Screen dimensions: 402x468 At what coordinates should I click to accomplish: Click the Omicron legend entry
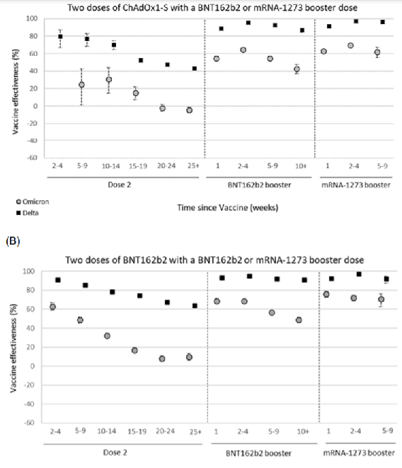pos(33,201)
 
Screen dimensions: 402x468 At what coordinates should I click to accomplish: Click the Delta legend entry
pos(28,213)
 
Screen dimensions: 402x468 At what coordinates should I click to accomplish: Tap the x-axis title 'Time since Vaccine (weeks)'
pos(228,207)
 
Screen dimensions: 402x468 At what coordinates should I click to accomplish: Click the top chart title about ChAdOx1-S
pos(212,8)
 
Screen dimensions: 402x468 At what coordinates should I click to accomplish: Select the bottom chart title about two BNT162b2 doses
pos(214,260)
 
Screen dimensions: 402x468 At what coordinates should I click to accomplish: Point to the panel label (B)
pos(13,241)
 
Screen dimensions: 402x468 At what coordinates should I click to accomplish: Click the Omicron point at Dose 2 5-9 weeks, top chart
pos(81,85)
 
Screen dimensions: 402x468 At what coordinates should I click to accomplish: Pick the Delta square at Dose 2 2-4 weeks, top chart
pos(60,37)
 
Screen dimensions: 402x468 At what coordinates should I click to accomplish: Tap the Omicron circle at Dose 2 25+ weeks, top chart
pos(189,110)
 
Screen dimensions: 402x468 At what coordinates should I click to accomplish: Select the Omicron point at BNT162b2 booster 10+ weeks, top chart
pos(297,69)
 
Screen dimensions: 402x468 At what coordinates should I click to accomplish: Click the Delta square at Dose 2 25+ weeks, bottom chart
pos(195,305)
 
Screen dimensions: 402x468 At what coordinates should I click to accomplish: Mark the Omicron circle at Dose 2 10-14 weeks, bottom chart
pos(107,336)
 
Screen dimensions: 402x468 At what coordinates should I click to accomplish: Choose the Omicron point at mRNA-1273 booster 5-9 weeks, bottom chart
pos(381,299)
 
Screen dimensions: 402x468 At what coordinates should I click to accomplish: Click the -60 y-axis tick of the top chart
pos(32,158)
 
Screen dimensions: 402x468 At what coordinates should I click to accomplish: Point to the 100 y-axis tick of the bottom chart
pos(29,271)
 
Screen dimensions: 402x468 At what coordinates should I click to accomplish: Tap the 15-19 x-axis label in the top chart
pos(138,166)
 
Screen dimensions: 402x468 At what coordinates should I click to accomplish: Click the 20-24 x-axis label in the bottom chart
pos(166,431)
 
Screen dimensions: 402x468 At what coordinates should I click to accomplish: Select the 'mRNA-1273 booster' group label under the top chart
pos(356,185)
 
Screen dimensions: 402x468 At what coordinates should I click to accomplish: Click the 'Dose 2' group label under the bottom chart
pos(115,452)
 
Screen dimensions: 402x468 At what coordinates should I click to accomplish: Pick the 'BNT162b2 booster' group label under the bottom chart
pos(258,453)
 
